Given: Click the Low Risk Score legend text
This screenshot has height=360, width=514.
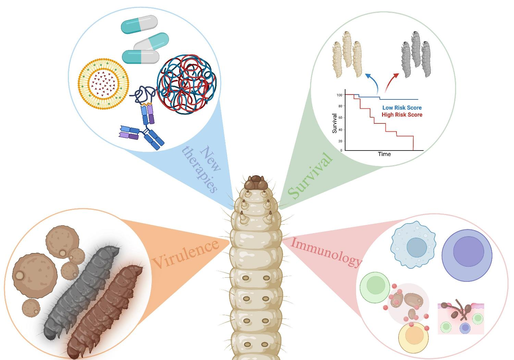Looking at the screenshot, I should pos(402,108).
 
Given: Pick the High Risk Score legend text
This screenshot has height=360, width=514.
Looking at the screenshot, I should pos(402,115).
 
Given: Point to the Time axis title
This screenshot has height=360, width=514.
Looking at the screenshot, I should pos(384,154).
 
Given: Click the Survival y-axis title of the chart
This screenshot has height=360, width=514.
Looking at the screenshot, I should pos(335,123).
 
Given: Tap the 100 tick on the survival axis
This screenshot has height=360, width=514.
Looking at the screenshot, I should pos(339,95).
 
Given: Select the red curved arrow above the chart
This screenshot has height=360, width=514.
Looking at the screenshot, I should pos(391,82).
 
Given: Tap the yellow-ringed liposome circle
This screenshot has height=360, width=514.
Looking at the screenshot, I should pos(103,83).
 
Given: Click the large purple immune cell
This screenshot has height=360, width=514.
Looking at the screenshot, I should pos(467,255).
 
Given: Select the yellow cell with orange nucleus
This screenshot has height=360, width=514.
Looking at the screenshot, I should pos(414,337).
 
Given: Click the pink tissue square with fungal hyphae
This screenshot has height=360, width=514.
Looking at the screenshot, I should pos(461,318).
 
